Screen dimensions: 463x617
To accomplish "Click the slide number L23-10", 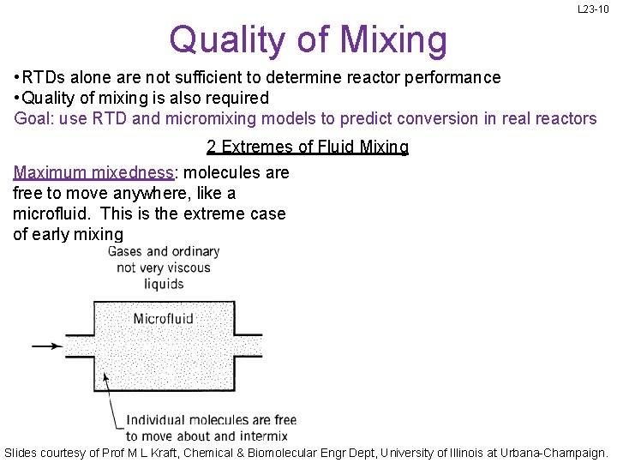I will click(593, 9).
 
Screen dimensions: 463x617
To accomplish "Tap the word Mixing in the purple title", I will click(393, 39).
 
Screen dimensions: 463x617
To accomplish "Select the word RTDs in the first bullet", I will click(44, 77).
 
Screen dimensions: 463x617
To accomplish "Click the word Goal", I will click(33, 118).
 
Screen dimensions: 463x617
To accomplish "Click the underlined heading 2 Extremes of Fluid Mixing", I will click(308, 147).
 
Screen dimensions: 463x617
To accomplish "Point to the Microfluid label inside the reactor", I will click(164, 319).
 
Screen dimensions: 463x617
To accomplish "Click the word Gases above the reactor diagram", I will click(125, 251).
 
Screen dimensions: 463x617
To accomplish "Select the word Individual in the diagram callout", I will click(157, 420).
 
